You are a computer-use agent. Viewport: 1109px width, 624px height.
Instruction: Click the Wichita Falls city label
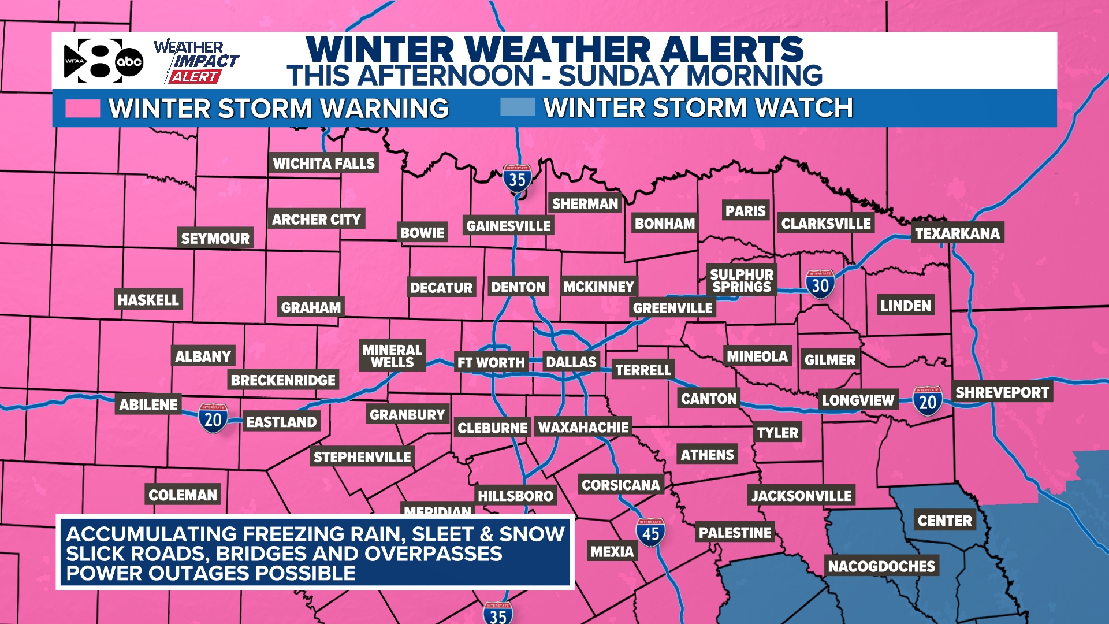pyautogui.click(x=323, y=164)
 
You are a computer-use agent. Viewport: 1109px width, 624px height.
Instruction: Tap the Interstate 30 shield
pyautogui.click(x=820, y=284)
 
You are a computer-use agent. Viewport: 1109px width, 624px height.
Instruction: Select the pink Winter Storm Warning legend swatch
pyautogui.click(x=83, y=108)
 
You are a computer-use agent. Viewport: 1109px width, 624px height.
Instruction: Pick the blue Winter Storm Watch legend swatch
pyautogui.click(x=517, y=107)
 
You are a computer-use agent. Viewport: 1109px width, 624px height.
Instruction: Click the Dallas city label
pyautogui.click(x=571, y=362)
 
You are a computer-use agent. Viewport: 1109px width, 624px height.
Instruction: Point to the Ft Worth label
pyautogui.click(x=491, y=363)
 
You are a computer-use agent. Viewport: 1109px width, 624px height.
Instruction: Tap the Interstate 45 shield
pyautogui.click(x=650, y=533)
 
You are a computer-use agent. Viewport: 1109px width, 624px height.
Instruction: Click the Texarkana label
pyautogui.click(x=957, y=233)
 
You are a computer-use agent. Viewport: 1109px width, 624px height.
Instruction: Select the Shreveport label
pyautogui.click(x=1002, y=392)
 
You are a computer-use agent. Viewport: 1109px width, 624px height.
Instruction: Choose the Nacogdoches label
pyautogui.click(x=881, y=566)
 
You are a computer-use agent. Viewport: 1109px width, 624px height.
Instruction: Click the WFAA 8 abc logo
pyautogui.click(x=103, y=61)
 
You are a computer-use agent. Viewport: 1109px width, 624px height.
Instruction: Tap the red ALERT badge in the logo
pyautogui.click(x=195, y=77)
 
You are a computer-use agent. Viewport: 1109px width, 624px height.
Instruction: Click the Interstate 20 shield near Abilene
pyautogui.click(x=213, y=418)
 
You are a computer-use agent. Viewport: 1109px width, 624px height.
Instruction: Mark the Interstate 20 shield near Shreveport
pyautogui.click(x=928, y=401)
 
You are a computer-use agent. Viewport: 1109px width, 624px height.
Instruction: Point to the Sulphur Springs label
pyautogui.click(x=742, y=281)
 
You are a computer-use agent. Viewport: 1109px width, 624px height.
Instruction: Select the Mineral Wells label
pyautogui.click(x=392, y=356)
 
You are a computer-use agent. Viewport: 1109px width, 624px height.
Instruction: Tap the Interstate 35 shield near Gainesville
pyautogui.click(x=517, y=179)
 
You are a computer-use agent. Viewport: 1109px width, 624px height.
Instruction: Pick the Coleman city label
pyautogui.click(x=183, y=495)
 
